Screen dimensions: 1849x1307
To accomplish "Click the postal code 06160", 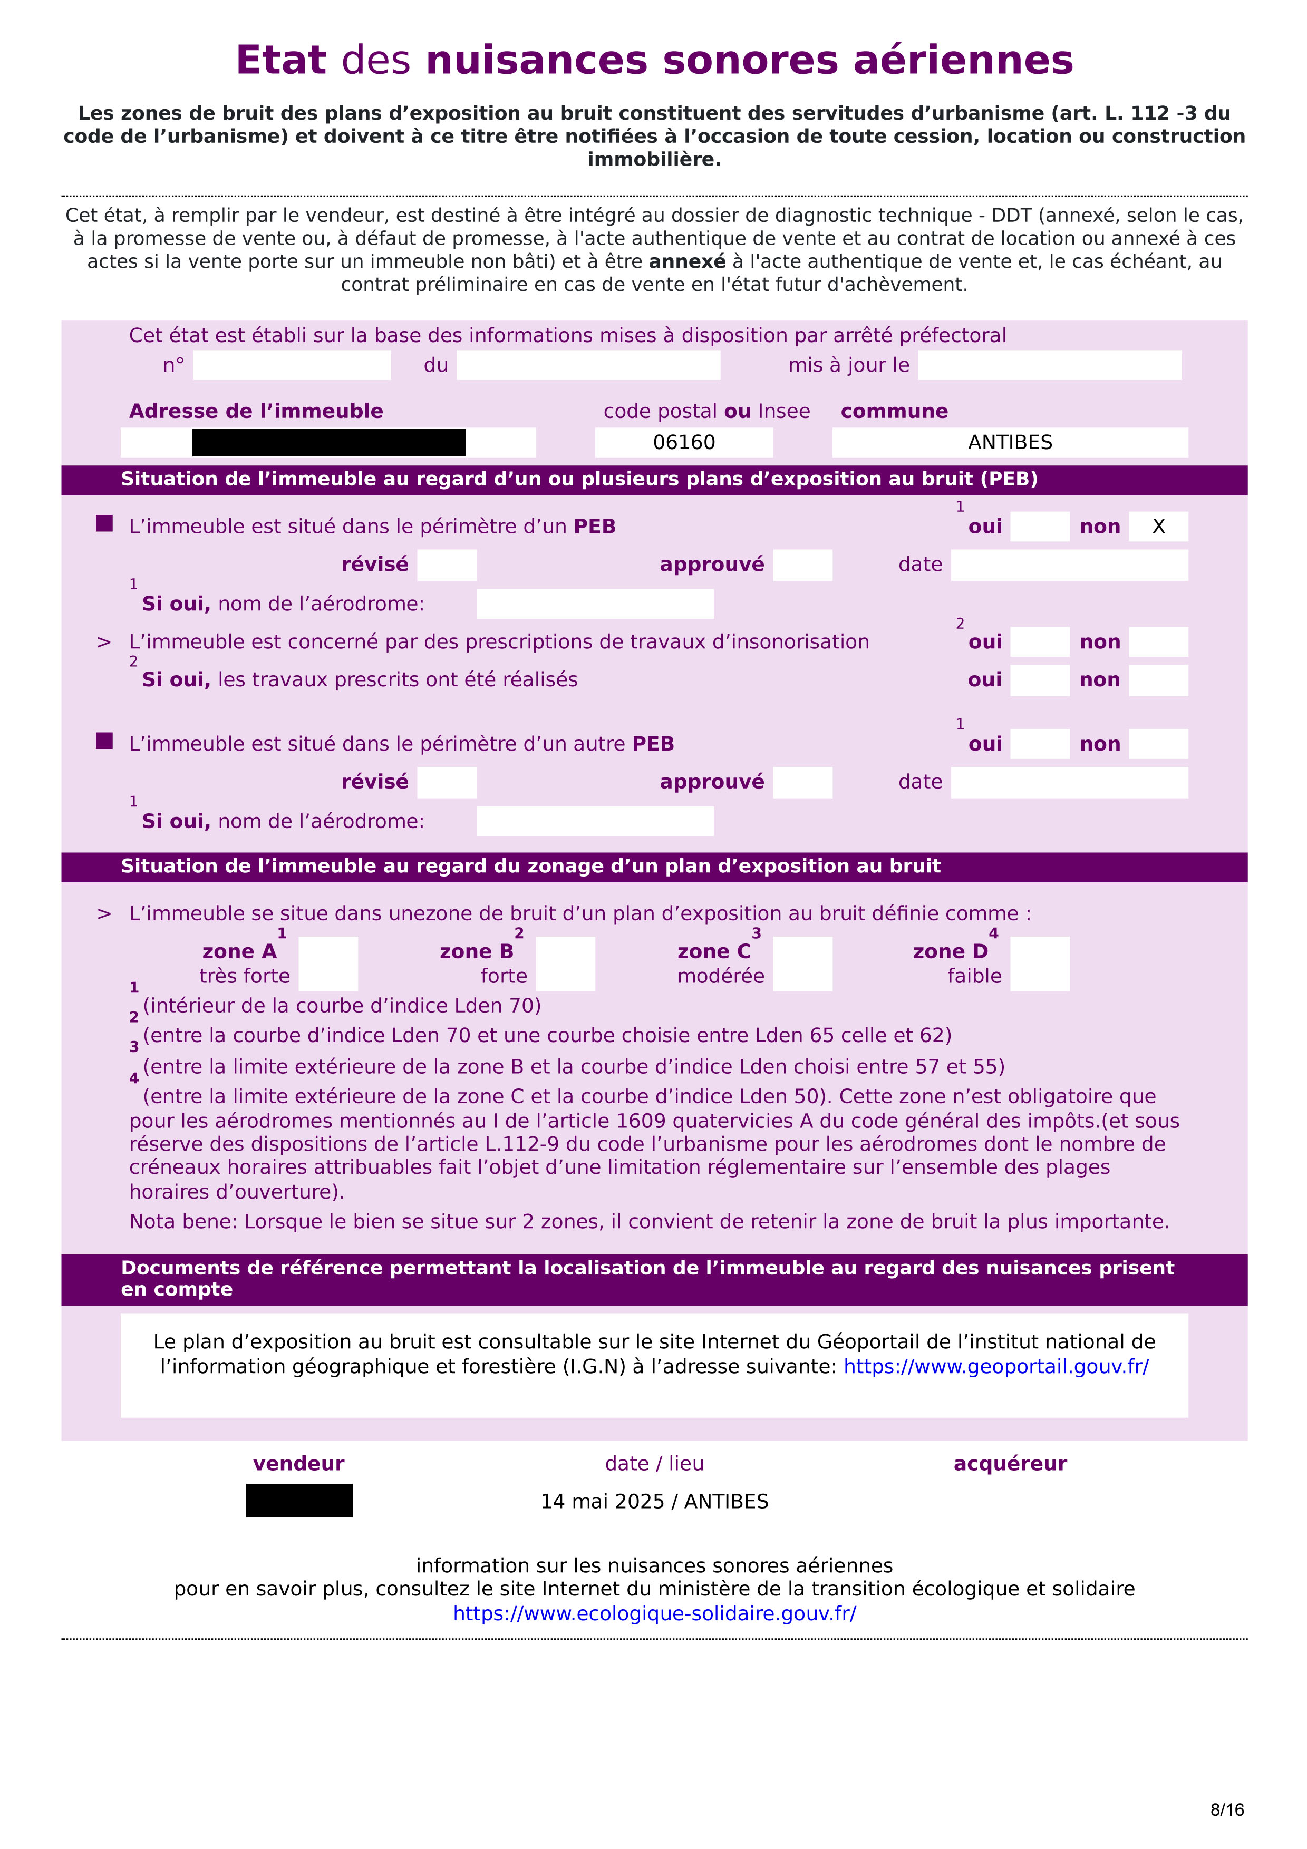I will coord(684,442).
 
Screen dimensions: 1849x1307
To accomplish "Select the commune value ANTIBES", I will coord(1010,442).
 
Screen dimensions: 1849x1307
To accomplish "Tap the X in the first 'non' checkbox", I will coord(1158,527).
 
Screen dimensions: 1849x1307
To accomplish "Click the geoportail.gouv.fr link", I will coord(996,1367).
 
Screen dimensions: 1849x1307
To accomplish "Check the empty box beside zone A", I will coord(328,963).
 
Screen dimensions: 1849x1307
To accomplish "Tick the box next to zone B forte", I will coord(565,963).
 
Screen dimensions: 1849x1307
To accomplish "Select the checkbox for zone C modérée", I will coord(802,963).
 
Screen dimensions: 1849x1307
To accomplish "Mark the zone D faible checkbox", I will coord(1040,963).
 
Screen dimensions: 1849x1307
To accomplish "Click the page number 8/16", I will coord(1226,1809).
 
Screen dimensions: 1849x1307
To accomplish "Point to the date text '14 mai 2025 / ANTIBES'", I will coord(654,1502).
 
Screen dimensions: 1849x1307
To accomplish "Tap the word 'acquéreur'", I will coord(1010,1464).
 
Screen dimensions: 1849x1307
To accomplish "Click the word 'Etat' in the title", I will coord(280,61).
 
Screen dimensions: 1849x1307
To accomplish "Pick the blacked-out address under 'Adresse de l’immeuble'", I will coord(328,443).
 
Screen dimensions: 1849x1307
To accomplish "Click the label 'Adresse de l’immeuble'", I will coord(256,412).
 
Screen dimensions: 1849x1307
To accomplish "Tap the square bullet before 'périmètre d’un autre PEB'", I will coord(104,741).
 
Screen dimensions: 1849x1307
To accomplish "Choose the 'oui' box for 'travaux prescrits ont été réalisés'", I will coord(1040,680).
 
